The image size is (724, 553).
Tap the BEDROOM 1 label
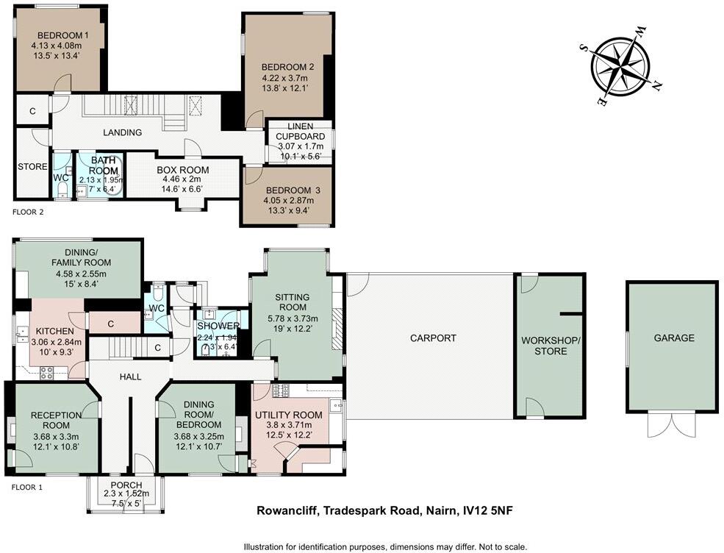point(63,35)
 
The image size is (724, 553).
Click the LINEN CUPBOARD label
point(299,132)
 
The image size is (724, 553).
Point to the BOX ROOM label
point(183,170)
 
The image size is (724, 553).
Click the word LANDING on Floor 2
point(123,132)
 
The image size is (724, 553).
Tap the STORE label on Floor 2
point(32,167)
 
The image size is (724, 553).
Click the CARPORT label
point(433,338)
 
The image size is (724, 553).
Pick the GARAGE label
point(674,338)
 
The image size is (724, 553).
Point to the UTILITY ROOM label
point(288,415)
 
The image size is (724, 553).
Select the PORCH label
point(125,485)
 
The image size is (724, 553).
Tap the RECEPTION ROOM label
point(56,420)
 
